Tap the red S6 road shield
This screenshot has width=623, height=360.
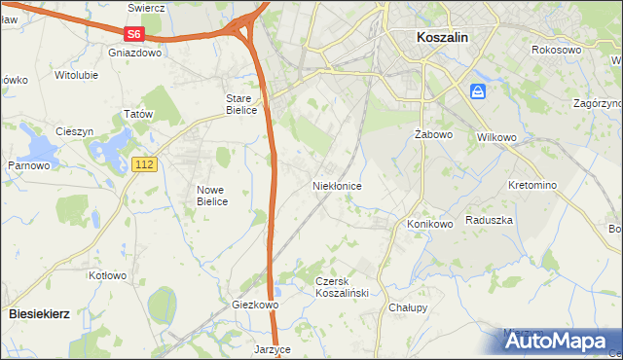point(133,34)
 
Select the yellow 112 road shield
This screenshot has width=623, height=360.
point(144,165)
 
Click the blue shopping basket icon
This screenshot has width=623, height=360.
point(478,91)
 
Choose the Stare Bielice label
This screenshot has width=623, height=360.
point(240,104)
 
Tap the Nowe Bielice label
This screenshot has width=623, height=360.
point(211,196)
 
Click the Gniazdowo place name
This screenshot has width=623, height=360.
point(135,54)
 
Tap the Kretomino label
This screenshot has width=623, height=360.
point(531,185)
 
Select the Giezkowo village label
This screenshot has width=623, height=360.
point(255,305)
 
